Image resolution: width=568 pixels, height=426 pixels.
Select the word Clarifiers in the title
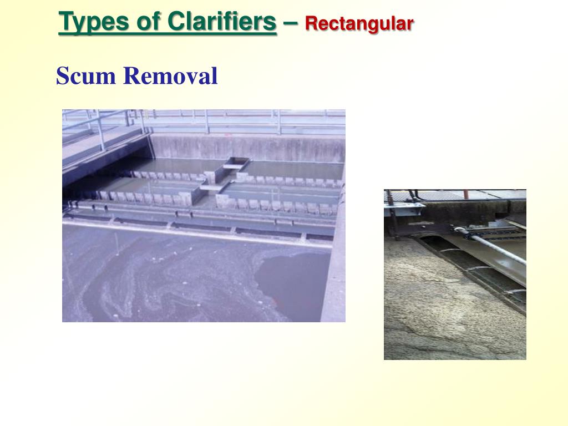pos(221,22)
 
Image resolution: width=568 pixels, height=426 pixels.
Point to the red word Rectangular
pos(359,24)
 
